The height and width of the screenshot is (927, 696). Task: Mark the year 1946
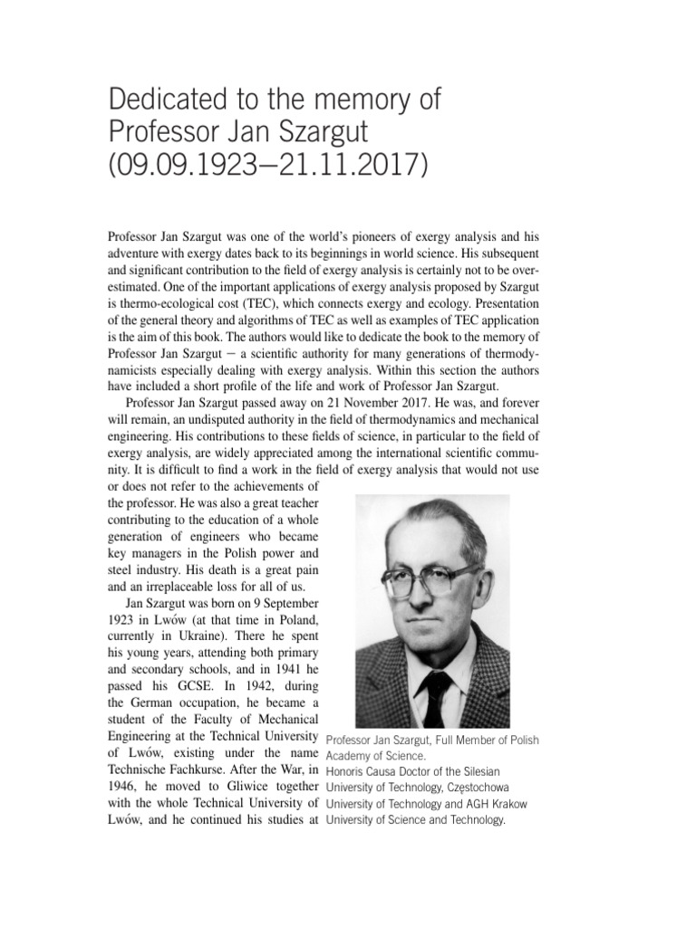(122, 786)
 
